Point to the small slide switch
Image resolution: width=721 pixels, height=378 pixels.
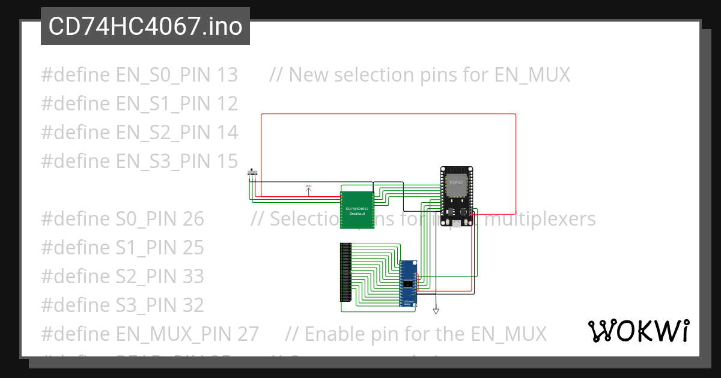(253, 173)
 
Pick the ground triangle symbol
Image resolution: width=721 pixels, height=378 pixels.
(436, 311)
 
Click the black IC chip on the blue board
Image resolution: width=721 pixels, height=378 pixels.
(408, 283)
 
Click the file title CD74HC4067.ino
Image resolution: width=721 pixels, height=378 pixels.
(145, 26)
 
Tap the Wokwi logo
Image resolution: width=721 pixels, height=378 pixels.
(638, 331)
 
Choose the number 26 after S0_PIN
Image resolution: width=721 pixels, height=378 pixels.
(193, 219)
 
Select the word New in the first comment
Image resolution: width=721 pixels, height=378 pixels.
(308, 75)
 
